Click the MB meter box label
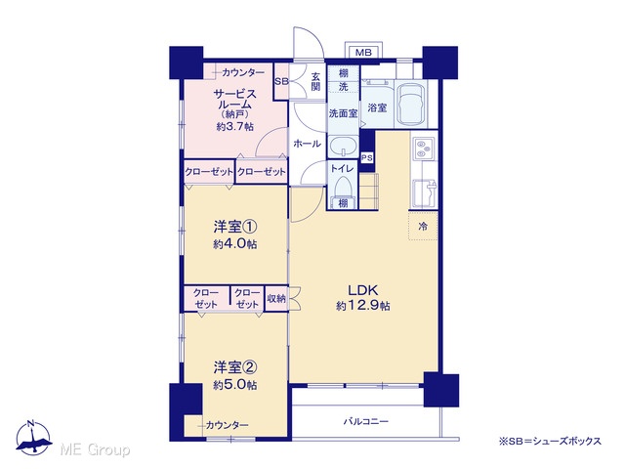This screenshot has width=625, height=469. [x=363, y=53]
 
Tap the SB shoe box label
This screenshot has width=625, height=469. [x=281, y=81]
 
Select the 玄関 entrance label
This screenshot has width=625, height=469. [x=315, y=81]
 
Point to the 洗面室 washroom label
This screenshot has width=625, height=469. [x=343, y=113]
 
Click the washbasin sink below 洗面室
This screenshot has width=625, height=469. [x=343, y=146]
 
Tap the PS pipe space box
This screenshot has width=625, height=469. [x=367, y=158]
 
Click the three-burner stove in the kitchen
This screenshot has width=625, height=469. [x=424, y=149]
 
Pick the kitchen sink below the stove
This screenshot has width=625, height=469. [x=424, y=193]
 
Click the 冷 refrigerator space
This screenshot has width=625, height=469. [x=423, y=226]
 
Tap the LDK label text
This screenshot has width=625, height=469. [x=362, y=290]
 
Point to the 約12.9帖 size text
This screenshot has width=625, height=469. [x=362, y=306]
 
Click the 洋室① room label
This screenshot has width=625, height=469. [x=235, y=228]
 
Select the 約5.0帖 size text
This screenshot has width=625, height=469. [x=235, y=385]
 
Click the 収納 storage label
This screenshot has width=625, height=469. [x=275, y=298]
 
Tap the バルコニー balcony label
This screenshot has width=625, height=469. [x=366, y=421]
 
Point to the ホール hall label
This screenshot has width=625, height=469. [x=307, y=144]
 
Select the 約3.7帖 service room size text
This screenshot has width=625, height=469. [x=235, y=127]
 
